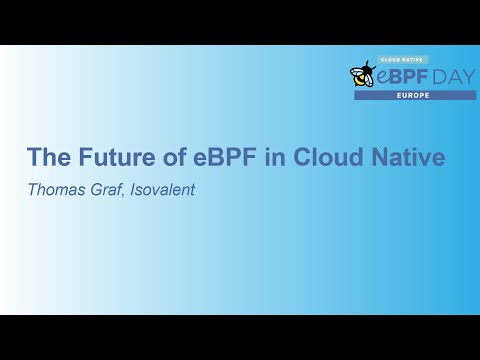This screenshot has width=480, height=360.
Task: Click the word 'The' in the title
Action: coord(47,158)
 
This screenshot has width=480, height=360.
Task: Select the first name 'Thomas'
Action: coord(54,188)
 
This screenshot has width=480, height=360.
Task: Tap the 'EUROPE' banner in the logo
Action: coord(415,95)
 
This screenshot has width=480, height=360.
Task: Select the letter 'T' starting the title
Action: coord(33,158)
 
